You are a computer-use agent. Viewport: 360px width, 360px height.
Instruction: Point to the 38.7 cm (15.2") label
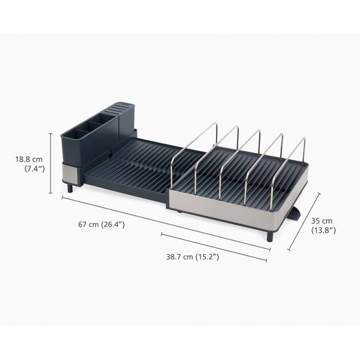click(x=192, y=257)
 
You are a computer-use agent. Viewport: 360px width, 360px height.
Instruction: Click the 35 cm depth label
click(x=321, y=220)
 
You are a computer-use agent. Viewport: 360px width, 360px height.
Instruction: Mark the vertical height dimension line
click(x=51, y=162)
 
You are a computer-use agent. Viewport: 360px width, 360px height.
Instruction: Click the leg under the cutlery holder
click(x=69, y=187)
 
